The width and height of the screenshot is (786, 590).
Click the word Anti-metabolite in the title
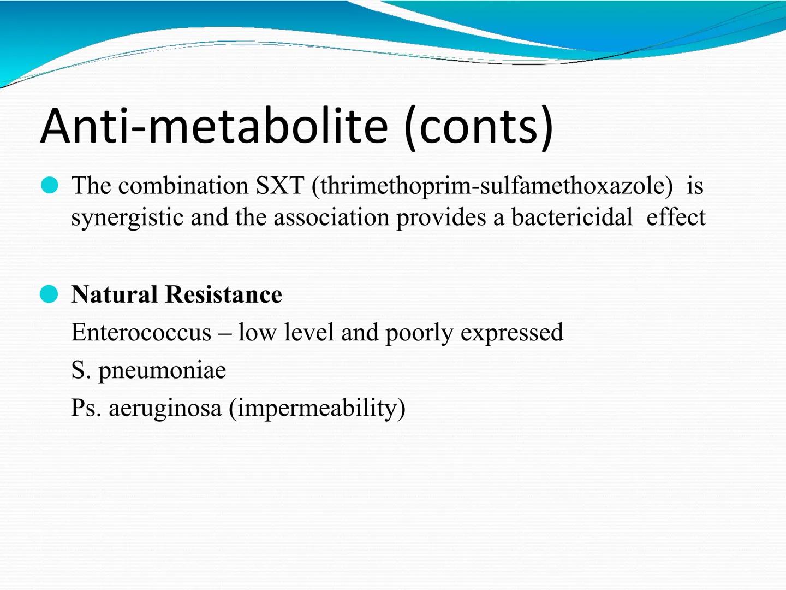click(x=214, y=126)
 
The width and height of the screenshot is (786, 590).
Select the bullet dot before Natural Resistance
click(x=49, y=294)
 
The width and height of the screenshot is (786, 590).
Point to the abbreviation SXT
click(x=279, y=186)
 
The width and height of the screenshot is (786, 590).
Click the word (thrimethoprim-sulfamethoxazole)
click(x=492, y=186)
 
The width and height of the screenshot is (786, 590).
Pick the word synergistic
click(x=127, y=218)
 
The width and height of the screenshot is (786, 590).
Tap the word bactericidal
click(x=572, y=217)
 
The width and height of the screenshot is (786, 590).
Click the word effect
click(x=676, y=217)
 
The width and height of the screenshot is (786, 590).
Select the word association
click(x=331, y=217)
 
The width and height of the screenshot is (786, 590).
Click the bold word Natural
click(x=114, y=294)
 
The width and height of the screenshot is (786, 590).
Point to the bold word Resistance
click(x=223, y=294)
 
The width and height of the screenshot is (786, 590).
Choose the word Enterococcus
click(x=141, y=332)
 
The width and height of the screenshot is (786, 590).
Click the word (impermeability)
click(x=317, y=409)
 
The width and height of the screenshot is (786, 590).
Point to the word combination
click(x=183, y=186)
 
